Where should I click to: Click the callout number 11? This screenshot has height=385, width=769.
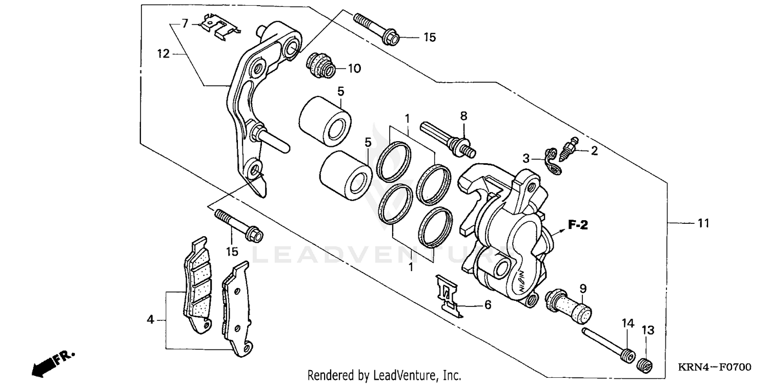[703, 223]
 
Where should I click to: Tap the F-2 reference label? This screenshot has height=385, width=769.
[577, 225]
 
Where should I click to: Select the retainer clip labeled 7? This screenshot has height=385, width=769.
[217, 28]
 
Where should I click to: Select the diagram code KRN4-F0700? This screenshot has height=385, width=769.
[715, 368]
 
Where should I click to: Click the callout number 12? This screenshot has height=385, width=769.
[163, 53]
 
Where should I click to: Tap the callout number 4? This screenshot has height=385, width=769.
[150, 320]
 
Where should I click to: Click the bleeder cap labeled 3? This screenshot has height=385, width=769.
[553, 161]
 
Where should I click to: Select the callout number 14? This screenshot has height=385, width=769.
[629, 323]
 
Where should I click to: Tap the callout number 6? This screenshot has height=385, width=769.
[488, 305]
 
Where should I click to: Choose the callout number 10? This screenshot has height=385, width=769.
[355, 68]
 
